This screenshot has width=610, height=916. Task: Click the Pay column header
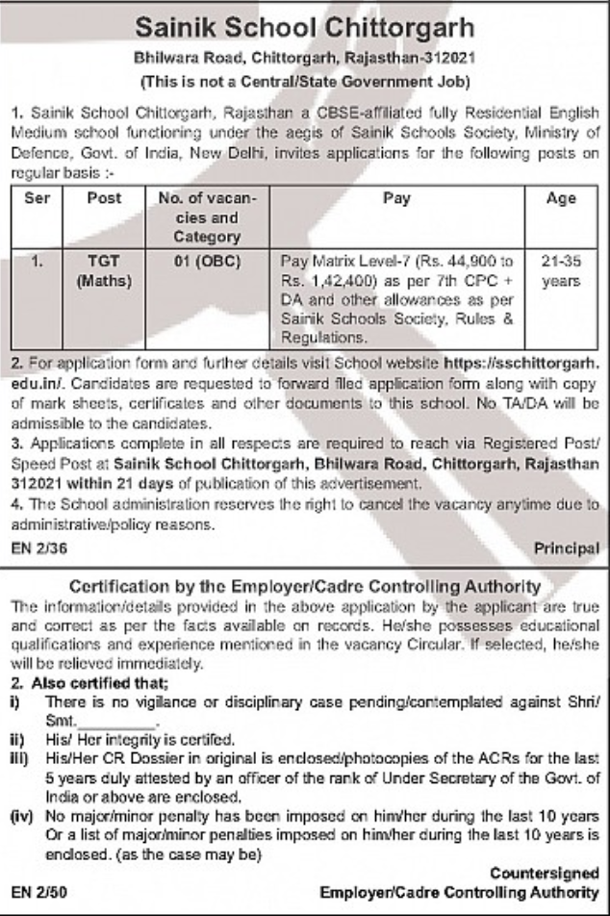pyautogui.click(x=395, y=198)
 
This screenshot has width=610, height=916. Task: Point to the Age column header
pyautogui.click(x=561, y=198)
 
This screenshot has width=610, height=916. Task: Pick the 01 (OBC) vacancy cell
pyautogui.click(x=200, y=260)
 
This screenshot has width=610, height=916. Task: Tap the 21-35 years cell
pyautogui.click(x=560, y=270)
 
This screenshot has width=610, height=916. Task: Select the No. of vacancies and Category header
pyautogui.click(x=200, y=216)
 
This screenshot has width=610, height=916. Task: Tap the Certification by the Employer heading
pyautogui.click(x=304, y=586)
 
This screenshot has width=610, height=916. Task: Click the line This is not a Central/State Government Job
pyautogui.click(x=304, y=76)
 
